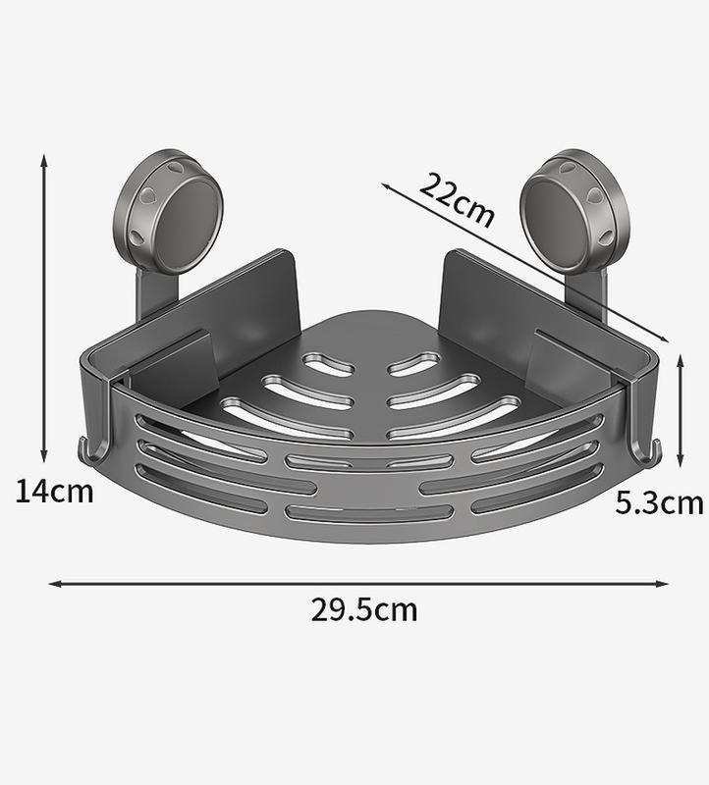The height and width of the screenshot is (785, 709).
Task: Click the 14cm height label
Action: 54,489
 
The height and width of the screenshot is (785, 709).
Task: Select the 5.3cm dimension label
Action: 659,503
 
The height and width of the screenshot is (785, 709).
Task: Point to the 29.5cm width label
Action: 364,609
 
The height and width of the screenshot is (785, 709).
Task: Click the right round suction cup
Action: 565,210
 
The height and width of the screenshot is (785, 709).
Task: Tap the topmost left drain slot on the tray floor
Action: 327,365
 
